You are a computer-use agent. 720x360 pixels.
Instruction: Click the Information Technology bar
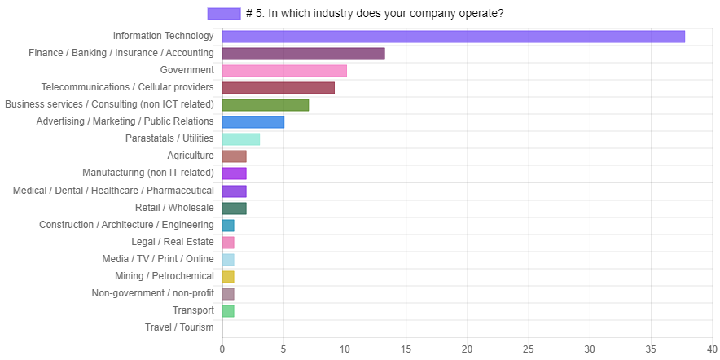coord(453,37)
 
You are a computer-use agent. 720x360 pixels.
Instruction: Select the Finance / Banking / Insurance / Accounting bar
coord(303,54)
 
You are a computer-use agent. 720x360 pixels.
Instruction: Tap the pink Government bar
coord(284,71)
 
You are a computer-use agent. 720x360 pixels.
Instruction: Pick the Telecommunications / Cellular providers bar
coord(278,88)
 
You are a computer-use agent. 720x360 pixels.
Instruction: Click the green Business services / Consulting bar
coord(266,105)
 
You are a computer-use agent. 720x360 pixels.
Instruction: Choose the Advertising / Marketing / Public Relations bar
coord(253,122)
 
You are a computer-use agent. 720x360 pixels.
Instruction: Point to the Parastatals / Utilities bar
coord(241,139)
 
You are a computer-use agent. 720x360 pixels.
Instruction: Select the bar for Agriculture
coord(234,156)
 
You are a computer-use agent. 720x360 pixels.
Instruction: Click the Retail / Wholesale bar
coord(234,208)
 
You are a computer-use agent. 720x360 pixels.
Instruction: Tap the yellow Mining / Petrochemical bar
coord(228,276)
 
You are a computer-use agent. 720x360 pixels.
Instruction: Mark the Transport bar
coord(228,310)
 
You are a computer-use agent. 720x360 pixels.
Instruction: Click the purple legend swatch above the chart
coord(224,14)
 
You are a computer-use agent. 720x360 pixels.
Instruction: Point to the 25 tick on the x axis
coord(528,349)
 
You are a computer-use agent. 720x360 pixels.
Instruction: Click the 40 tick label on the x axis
coord(712,349)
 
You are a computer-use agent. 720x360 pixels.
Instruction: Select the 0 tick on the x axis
coord(222,349)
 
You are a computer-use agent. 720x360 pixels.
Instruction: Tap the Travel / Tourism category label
coord(179,327)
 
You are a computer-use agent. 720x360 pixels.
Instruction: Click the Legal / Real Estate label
coord(173,242)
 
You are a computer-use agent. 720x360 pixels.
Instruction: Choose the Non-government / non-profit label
coord(153,293)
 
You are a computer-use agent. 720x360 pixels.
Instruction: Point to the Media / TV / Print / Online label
coord(158,259)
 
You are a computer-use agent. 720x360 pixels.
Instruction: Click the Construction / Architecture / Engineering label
coord(127,225)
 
